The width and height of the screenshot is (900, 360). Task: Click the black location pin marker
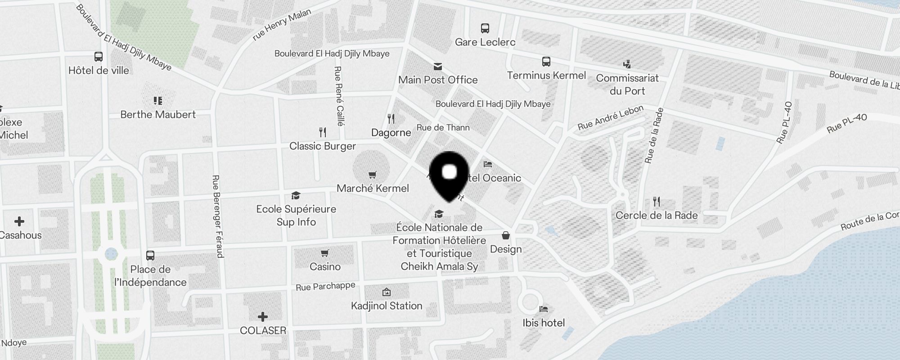tap(450, 175)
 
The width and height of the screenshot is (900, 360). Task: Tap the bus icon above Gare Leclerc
tap(485, 28)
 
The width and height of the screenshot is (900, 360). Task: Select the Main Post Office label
tap(438, 80)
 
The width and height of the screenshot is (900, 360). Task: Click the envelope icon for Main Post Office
tap(437, 67)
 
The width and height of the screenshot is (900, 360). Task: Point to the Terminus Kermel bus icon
tap(546, 62)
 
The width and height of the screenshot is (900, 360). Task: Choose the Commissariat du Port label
tap(627, 84)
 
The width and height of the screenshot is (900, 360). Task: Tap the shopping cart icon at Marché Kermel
tap(372, 175)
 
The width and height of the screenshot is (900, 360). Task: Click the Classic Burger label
tap(323, 146)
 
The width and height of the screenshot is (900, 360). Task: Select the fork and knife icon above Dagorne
tap(391, 119)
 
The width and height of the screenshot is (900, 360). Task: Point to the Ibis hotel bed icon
tap(544, 309)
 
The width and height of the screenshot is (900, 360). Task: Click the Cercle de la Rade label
tap(657, 215)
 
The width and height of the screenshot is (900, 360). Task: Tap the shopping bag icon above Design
tap(506, 235)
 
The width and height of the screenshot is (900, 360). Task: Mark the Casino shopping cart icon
tap(325, 253)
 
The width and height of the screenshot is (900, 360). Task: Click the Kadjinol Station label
tap(387, 306)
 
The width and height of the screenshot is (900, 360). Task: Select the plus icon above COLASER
tap(263, 317)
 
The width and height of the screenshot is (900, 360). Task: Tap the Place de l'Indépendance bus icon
tap(150, 256)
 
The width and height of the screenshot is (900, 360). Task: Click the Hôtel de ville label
tap(99, 71)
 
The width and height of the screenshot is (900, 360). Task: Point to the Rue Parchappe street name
tap(325, 286)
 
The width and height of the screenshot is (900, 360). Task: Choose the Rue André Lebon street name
tap(611, 118)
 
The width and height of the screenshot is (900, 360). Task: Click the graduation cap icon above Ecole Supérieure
tap(296, 195)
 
